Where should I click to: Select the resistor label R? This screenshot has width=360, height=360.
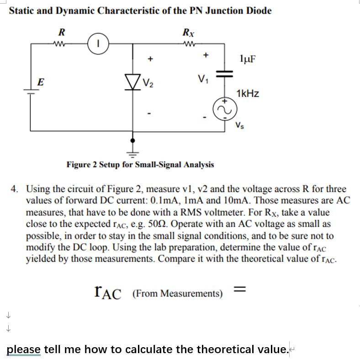[62, 32]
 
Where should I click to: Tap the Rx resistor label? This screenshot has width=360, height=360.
[187, 32]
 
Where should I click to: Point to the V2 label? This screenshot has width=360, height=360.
[148, 83]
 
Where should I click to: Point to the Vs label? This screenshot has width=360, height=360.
[240, 125]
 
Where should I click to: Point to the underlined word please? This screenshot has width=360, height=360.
[23, 349]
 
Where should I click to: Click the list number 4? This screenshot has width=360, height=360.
[16, 188]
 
